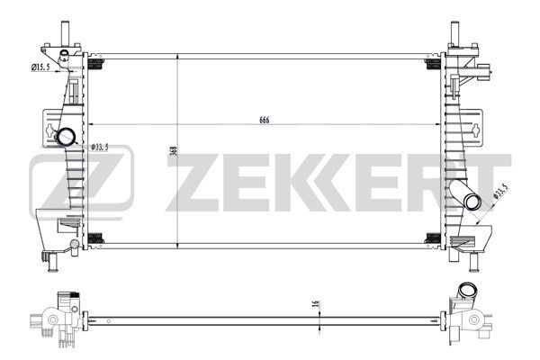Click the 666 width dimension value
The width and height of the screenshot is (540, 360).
tap(265, 121)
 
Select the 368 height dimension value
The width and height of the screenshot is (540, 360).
tap(173, 152)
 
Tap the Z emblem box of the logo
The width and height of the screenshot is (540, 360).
tap(81, 179)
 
